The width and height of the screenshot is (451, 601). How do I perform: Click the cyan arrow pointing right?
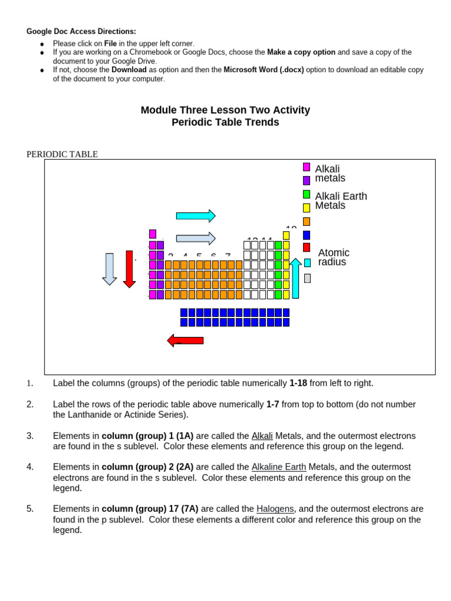click(x=196, y=216)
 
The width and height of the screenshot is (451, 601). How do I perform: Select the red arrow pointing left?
click(x=185, y=340)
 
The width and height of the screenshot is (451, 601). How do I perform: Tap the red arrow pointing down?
click(x=129, y=269)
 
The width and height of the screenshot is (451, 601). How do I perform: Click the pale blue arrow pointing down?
click(x=109, y=269)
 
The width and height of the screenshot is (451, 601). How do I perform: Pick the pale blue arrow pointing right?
click(x=196, y=238)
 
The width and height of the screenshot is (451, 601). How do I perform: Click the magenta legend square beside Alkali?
click(x=307, y=167)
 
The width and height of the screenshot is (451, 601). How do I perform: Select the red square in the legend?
click(x=307, y=248)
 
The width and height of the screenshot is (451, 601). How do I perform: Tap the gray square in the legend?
click(x=307, y=278)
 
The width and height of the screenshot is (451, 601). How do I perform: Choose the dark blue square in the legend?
click(x=307, y=235)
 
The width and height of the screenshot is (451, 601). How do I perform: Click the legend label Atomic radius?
click(x=334, y=257)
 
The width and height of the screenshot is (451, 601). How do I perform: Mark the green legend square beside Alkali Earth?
click(x=307, y=194)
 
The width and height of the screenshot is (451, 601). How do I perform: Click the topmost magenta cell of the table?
click(x=153, y=234)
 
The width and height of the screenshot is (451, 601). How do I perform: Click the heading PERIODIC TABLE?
click(x=62, y=154)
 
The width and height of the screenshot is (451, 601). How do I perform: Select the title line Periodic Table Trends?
click(x=225, y=123)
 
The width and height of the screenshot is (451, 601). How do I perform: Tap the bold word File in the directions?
click(x=110, y=43)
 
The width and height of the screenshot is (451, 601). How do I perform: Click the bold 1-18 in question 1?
click(x=298, y=383)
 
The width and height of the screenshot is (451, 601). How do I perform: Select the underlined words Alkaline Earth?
click(x=279, y=467)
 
